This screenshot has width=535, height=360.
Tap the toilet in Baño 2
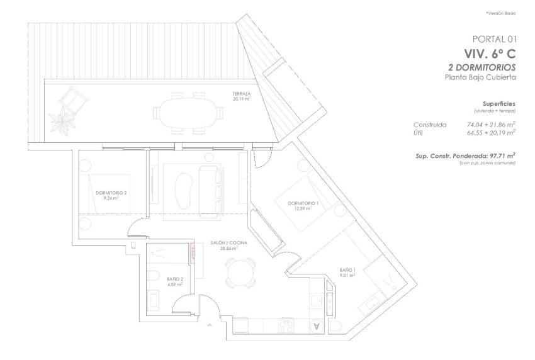tap(154, 275)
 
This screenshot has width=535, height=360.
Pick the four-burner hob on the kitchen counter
tap(286, 326)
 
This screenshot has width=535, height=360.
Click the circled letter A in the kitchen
tap(317, 326)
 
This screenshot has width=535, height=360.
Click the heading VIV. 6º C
tap(490, 53)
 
